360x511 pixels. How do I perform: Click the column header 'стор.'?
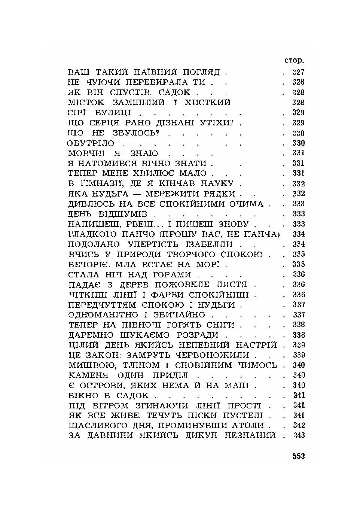(x=294, y=61)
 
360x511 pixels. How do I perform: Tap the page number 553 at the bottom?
(x=299, y=456)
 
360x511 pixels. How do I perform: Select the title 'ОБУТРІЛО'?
(x=91, y=143)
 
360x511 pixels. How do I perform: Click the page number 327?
(x=298, y=72)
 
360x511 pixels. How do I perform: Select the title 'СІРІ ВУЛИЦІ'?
(x=100, y=113)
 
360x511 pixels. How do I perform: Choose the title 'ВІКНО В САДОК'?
(x=109, y=396)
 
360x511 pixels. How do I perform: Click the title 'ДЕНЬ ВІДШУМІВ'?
(x=108, y=214)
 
